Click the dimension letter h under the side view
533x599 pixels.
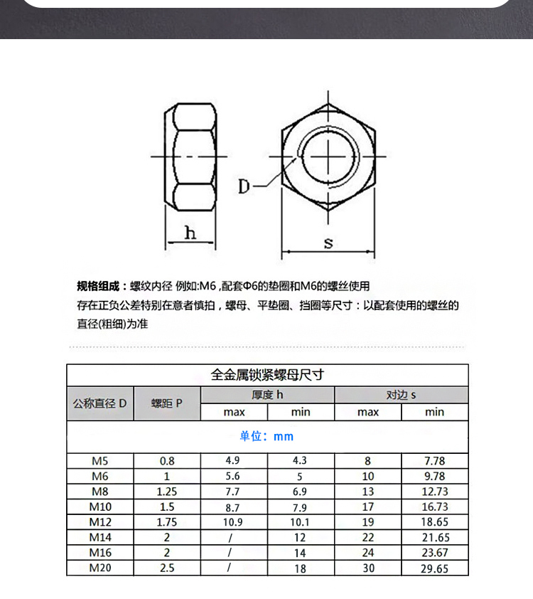pyautogui.click(x=190, y=233)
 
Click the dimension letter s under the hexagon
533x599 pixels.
pyautogui.click(x=328, y=243)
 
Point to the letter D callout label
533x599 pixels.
pyautogui.click(x=244, y=187)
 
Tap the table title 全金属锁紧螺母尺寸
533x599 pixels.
pyautogui.click(x=267, y=375)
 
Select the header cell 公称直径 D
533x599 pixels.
pyautogui.click(x=99, y=403)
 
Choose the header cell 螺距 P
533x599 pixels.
pyautogui.click(x=167, y=403)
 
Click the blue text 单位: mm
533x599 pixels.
pyautogui.click(x=266, y=436)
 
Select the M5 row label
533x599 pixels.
pyautogui.click(x=99, y=460)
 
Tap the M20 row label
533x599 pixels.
pyautogui.click(x=99, y=568)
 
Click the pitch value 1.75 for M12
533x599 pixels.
pyautogui.click(x=167, y=522)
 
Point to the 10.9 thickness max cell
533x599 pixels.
pyautogui.click(x=234, y=522)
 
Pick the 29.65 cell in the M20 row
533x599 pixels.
pyautogui.click(x=434, y=568)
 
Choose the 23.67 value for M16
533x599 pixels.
pyautogui.click(x=434, y=552)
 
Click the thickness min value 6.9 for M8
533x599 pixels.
pyautogui.click(x=301, y=492)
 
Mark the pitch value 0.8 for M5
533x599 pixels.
pyautogui.click(x=167, y=460)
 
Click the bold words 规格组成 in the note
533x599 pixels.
pyautogui.click(x=99, y=287)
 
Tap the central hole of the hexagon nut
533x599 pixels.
pyautogui.click(x=328, y=156)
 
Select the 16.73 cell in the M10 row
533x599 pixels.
pyautogui.click(x=434, y=507)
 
